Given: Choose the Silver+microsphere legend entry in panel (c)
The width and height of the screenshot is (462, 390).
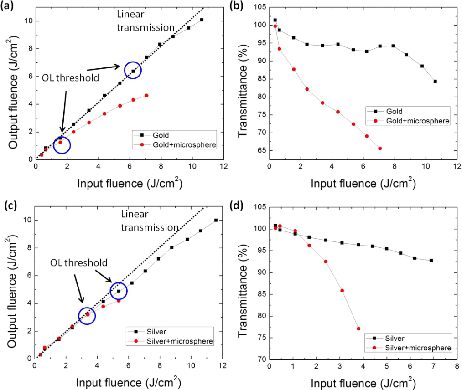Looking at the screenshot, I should (x=179, y=341).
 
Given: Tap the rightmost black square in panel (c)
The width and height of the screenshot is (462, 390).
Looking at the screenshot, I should (x=216, y=220).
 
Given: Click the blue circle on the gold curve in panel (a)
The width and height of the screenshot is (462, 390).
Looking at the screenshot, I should (x=133, y=70).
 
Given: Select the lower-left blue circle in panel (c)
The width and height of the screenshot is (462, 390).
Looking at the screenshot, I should (x=87, y=315).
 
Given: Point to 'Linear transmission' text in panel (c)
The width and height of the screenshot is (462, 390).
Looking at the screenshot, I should (x=150, y=221).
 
